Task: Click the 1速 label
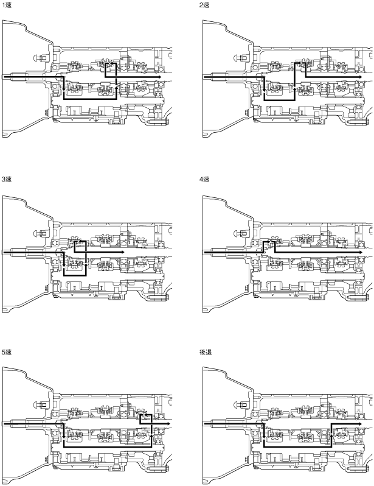pyautogui.click(x=7, y=5)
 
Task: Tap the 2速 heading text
pyautogui.click(x=205, y=5)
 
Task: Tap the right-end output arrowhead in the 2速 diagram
pyautogui.click(x=357, y=77)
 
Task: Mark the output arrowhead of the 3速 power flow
pyautogui.click(x=123, y=252)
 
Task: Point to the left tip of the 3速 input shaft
pyautogui.click(x=4, y=252)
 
